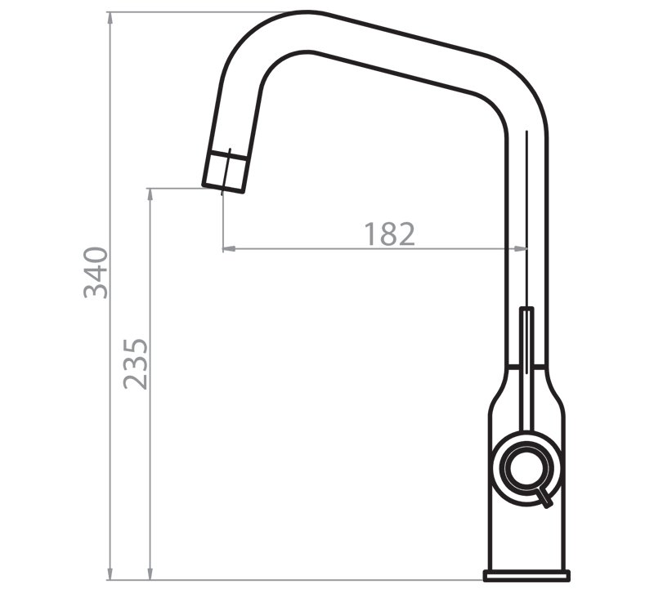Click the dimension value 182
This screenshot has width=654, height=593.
pos(390,234)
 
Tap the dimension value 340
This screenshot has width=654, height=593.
pos(96,273)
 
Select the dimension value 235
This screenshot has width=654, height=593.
pos(136,363)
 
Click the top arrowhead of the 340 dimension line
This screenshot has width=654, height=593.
pos(110,17)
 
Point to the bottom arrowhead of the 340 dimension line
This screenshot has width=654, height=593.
pos(110,574)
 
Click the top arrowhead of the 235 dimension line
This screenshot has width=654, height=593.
pos(150,194)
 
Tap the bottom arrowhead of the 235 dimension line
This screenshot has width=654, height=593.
pos(150,574)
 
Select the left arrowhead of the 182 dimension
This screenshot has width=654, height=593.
pos(229,249)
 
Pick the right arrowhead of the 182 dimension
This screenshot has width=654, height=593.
pos(521,249)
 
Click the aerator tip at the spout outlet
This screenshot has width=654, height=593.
pos(224,172)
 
